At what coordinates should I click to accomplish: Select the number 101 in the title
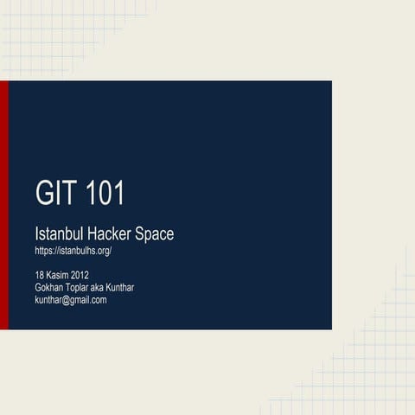click(105, 193)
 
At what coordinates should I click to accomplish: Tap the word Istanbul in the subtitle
click(59, 233)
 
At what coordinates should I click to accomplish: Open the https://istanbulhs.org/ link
click(73, 251)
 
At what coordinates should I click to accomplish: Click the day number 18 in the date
click(40, 276)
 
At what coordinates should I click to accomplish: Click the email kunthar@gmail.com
click(71, 300)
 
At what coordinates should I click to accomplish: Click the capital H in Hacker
click(93, 233)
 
